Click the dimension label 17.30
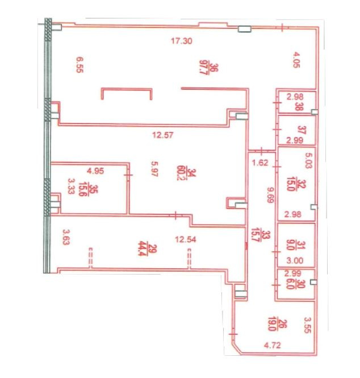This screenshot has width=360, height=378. pos(182,41)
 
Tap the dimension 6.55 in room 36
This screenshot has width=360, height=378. pos(79,65)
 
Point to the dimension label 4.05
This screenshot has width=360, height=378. pos(296,60)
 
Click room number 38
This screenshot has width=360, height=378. pos(299,106)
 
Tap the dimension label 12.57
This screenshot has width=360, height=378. pos(163,135)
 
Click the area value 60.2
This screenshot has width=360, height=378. pos(181,173)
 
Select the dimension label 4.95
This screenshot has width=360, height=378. pos(95,171)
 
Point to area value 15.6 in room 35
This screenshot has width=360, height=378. pos(82,190)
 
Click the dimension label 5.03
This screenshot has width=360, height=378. pos(308,160)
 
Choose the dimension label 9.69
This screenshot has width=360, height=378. pos(271,196)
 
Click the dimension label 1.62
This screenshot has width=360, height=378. pos(260,163)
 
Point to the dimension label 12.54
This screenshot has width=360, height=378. pos(186,239)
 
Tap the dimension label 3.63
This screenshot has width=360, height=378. pos(66,236)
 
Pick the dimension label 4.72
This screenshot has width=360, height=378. pos(273,345)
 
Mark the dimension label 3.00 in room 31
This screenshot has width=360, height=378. pos(295,260)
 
